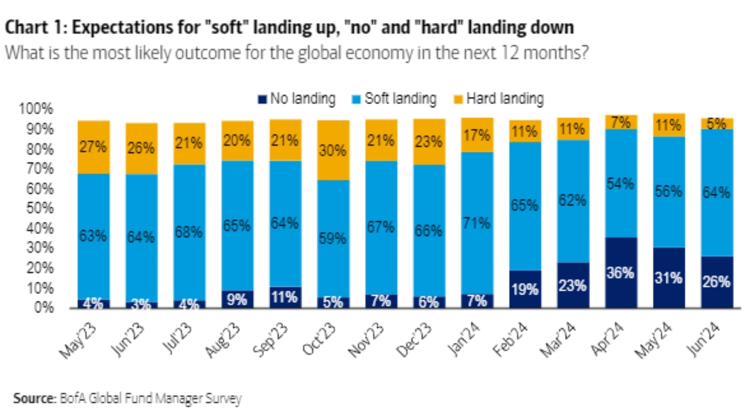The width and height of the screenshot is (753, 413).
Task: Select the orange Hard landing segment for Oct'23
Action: [333, 150]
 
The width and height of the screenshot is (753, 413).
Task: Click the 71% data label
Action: [477, 223]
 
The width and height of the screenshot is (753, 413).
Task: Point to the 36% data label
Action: [621, 273]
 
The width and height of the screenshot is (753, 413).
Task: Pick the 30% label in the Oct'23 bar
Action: [333, 150]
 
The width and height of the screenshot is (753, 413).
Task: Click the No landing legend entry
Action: [297, 99]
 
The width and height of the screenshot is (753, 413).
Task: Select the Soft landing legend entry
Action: [394, 99]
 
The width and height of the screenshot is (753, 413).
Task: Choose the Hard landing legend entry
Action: [499, 99]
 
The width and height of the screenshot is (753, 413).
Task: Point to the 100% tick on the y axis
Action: [36, 109]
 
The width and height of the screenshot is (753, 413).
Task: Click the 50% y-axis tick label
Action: [40, 208]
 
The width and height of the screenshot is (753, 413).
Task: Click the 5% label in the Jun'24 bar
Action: [717, 124]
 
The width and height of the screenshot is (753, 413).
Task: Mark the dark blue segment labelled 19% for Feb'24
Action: [525, 289]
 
